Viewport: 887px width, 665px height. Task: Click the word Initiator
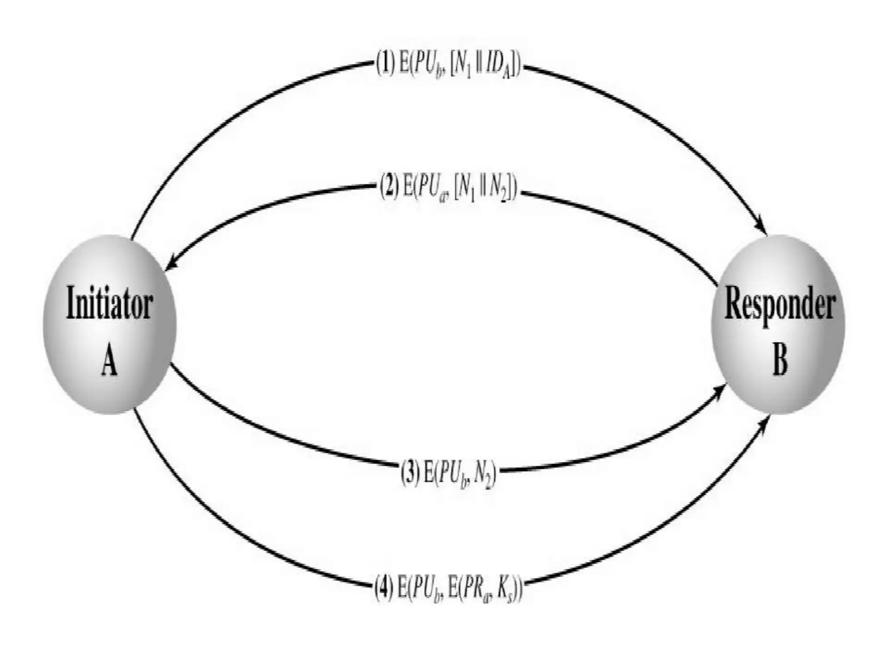click(x=109, y=303)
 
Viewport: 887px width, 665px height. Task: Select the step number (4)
click(x=384, y=588)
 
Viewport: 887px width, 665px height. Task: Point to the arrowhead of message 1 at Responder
click(x=761, y=227)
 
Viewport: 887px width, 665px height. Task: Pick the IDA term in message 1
click(x=497, y=67)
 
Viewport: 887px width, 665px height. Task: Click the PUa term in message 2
click(x=431, y=190)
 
